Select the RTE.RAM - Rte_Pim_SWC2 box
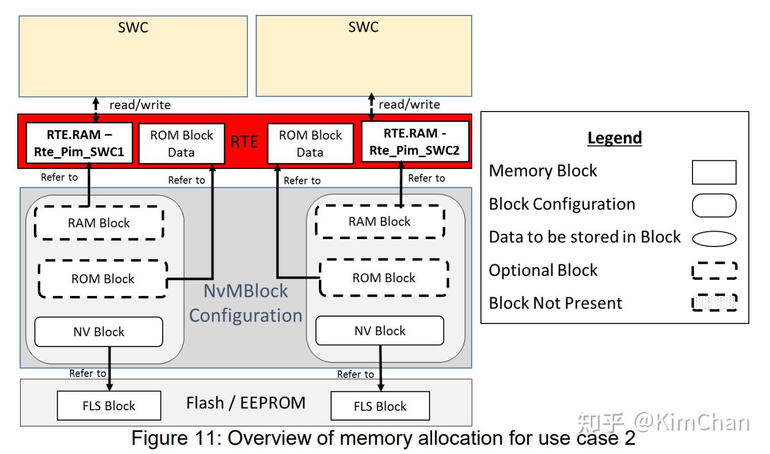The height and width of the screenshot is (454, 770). click(414, 144)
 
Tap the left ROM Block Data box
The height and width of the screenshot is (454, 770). click(182, 144)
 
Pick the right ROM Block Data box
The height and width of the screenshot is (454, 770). click(310, 144)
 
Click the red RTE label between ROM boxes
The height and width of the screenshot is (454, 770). click(245, 142)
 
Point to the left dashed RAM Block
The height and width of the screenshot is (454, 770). click(99, 223)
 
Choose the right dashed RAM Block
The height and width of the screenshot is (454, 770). click(380, 221)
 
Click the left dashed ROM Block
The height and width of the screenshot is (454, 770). click(103, 279)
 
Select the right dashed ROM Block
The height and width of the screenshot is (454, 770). click(383, 278)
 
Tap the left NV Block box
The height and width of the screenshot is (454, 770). click(98, 332)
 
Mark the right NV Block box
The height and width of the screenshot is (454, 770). click(379, 330)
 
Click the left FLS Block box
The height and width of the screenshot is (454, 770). click(109, 406)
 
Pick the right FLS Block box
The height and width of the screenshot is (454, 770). click(380, 406)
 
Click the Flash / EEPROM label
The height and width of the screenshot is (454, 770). click(245, 403)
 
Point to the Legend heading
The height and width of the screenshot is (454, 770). click(614, 138)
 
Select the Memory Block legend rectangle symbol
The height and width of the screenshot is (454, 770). click(714, 172)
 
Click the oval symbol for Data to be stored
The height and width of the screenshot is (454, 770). click(714, 238)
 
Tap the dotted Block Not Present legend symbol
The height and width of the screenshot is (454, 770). click(714, 302)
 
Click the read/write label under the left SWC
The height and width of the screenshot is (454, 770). click(140, 105)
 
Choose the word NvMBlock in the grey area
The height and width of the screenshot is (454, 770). click(246, 291)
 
